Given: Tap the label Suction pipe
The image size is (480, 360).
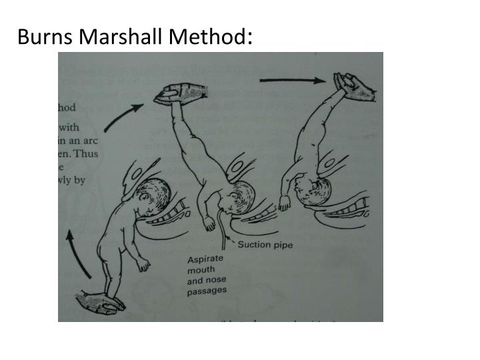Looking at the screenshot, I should [264, 245].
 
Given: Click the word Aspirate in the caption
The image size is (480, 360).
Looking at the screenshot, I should [206, 258].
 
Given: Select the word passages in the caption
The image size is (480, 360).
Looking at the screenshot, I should [207, 290].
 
